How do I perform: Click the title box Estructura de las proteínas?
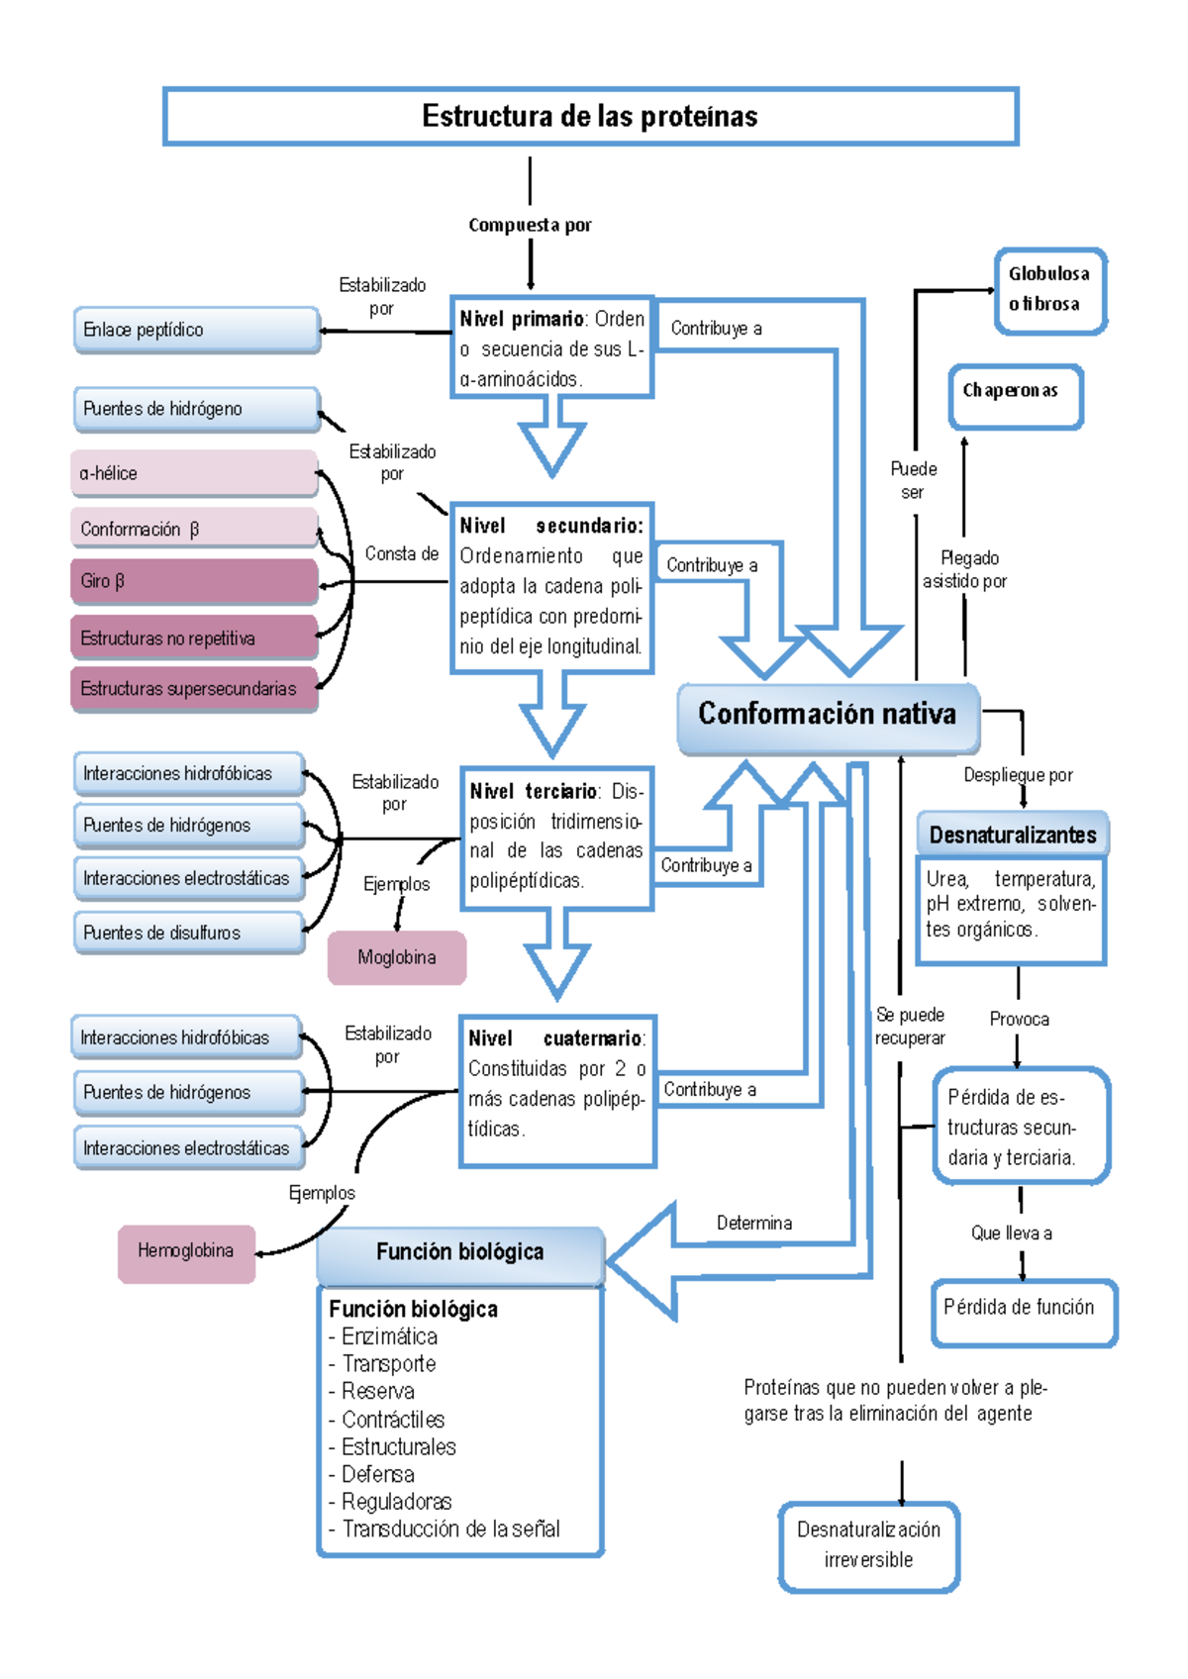[590, 117]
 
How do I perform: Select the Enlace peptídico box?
[196, 330]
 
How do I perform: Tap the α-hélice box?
[194, 473]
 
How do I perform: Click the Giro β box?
[194, 581]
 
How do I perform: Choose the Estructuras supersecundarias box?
[194, 689]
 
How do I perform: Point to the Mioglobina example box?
[397, 957]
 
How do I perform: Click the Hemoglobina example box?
[186, 1251]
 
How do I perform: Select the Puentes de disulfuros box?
[189, 933]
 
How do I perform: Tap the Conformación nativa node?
[828, 715]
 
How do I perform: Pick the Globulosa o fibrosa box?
[1049, 290]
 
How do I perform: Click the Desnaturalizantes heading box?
[1013, 835]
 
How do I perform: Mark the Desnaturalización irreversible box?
[868, 1545]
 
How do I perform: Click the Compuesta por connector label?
[530, 225]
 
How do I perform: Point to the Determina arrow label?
[753, 1224]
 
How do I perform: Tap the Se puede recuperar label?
[910, 1026]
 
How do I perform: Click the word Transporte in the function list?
[388, 1364]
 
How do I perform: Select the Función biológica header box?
[460, 1252]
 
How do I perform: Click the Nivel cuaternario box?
[556, 1089]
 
